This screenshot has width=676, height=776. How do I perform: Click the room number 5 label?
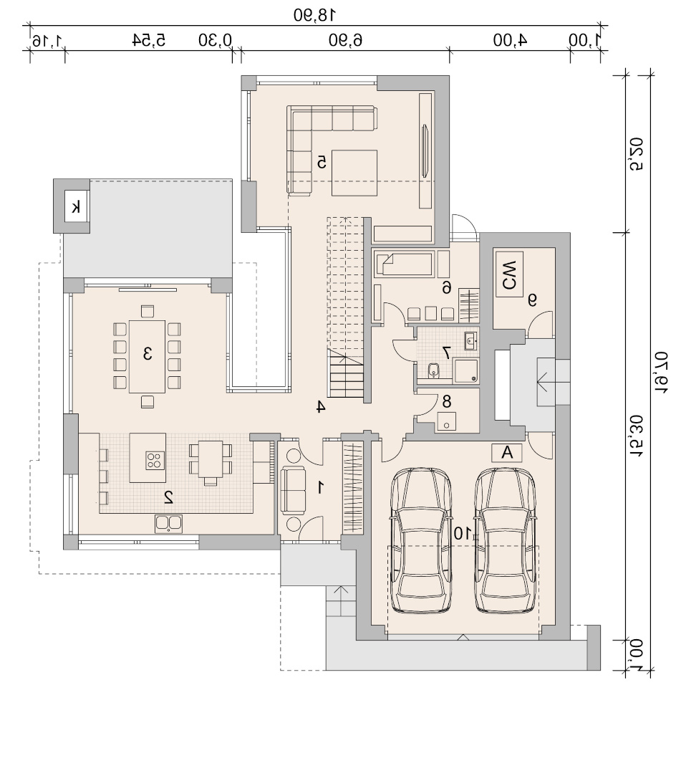(x=322, y=163)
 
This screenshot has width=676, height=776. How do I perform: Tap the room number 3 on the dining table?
(x=148, y=354)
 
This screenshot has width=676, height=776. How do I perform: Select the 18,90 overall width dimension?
(x=314, y=15)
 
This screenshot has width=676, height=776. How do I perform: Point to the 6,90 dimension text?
(x=346, y=39)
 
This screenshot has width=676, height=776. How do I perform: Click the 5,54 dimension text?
(x=149, y=39)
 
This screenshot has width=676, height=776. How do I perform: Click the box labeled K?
(x=77, y=207)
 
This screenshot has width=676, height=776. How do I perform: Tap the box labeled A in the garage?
(x=507, y=453)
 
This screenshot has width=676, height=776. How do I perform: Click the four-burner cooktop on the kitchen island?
(x=155, y=460)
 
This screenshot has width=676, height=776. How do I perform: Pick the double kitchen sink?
(x=168, y=524)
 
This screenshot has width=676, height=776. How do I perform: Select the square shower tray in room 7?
(x=466, y=371)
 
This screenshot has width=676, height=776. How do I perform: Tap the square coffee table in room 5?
(x=354, y=173)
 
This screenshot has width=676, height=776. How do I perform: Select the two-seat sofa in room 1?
(x=293, y=489)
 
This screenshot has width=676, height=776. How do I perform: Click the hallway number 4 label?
(x=320, y=407)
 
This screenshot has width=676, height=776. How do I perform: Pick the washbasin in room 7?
(x=470, y=340)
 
